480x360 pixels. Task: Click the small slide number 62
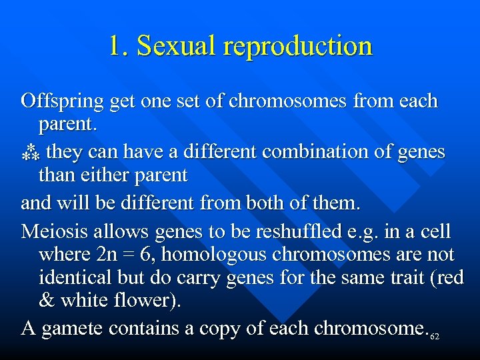pyautogui.click(x=435, y=337)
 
